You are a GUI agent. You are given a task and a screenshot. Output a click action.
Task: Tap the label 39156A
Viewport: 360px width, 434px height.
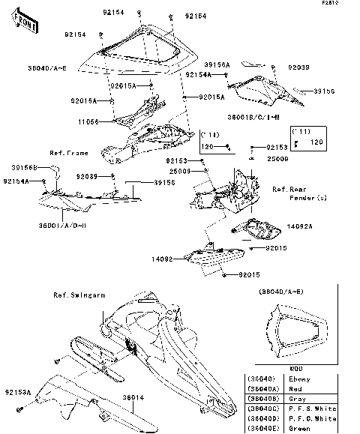199,64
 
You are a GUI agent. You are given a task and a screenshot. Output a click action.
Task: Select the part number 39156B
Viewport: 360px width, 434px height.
26,168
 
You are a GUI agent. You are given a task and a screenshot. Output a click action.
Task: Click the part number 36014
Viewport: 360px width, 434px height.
133,397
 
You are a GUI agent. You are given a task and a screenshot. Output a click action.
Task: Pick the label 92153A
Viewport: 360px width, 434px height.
16,392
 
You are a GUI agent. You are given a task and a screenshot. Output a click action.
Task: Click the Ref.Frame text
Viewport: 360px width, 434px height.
68,153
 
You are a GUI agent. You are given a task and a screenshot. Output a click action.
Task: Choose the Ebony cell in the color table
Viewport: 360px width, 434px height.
304,379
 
